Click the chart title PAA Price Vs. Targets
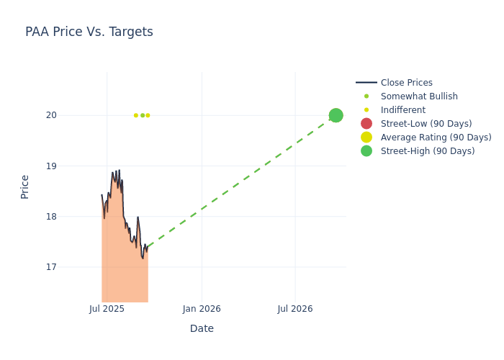(x=89, y=32)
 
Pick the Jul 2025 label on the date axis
(x=107, y=309)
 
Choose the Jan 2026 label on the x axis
(x=202, y=309)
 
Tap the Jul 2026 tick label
(x=295, y=309)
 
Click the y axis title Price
(x=25, y=186)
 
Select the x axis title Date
(x=202, y=328)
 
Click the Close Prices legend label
(x=406, y=83)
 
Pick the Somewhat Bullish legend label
(x=419, y=96)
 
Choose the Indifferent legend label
(x=402, y=110)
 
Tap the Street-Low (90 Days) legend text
(x=426, y=124)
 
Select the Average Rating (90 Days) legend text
(x=436, y=138)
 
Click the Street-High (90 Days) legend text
(x=428, y=151)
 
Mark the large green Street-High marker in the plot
(x=336, y=115)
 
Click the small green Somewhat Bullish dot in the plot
(x=143, y=115)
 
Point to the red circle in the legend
(x=366, y=124)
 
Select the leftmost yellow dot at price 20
(x=135, y=115)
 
